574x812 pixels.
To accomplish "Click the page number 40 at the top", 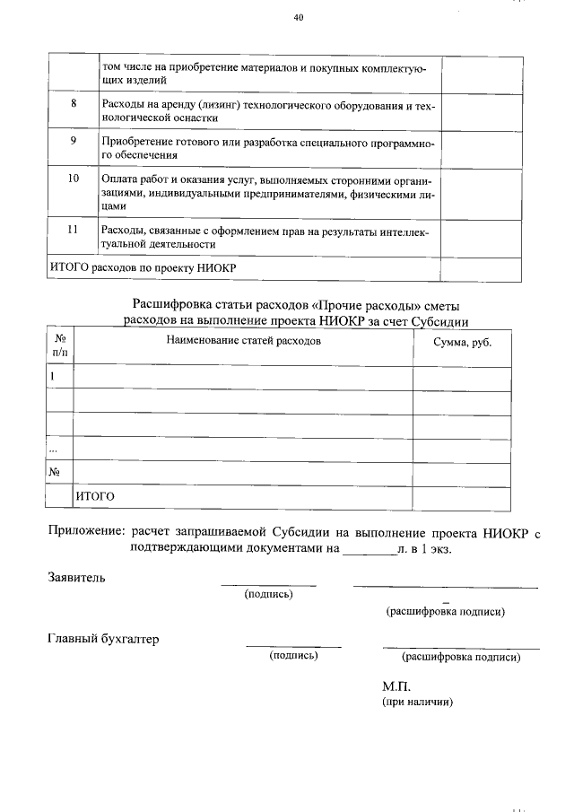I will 299,17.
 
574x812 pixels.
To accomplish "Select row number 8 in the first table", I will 73,103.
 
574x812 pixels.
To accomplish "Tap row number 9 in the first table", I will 73,142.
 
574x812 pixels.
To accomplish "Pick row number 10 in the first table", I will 73,179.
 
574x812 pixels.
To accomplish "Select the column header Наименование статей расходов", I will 242,341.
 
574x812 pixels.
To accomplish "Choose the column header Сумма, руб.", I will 462,342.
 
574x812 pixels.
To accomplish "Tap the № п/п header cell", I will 61,346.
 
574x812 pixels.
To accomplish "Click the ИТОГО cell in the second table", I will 96,495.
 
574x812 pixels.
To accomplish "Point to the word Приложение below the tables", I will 87,532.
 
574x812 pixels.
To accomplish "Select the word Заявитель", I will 76,577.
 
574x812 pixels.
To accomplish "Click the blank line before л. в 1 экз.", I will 370,549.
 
